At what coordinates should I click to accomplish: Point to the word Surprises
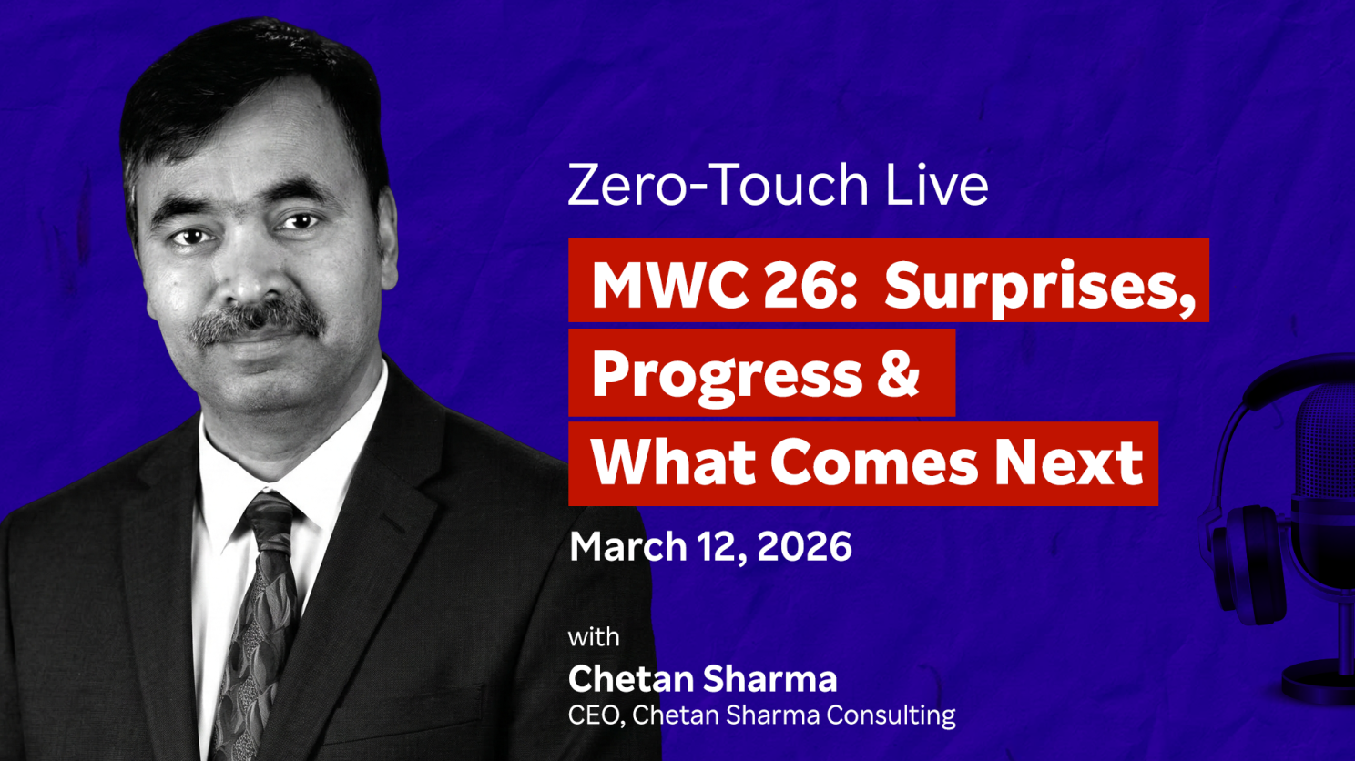pyautogui.click(x=1039, y=287)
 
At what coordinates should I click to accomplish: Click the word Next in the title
pyautogui.click(x=1068, y=463)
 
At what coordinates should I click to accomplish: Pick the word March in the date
pyautogui.click(x=627, y=545)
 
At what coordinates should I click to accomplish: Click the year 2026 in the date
pyautogui.click(x=804, y=545)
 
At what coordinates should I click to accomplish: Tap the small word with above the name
pyautogui.click(x=594, y=637)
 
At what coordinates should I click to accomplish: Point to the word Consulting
pyautogui.click(x=891, y=716)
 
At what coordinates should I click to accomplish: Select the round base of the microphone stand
pyautogui.click(x=1318, y=681)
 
